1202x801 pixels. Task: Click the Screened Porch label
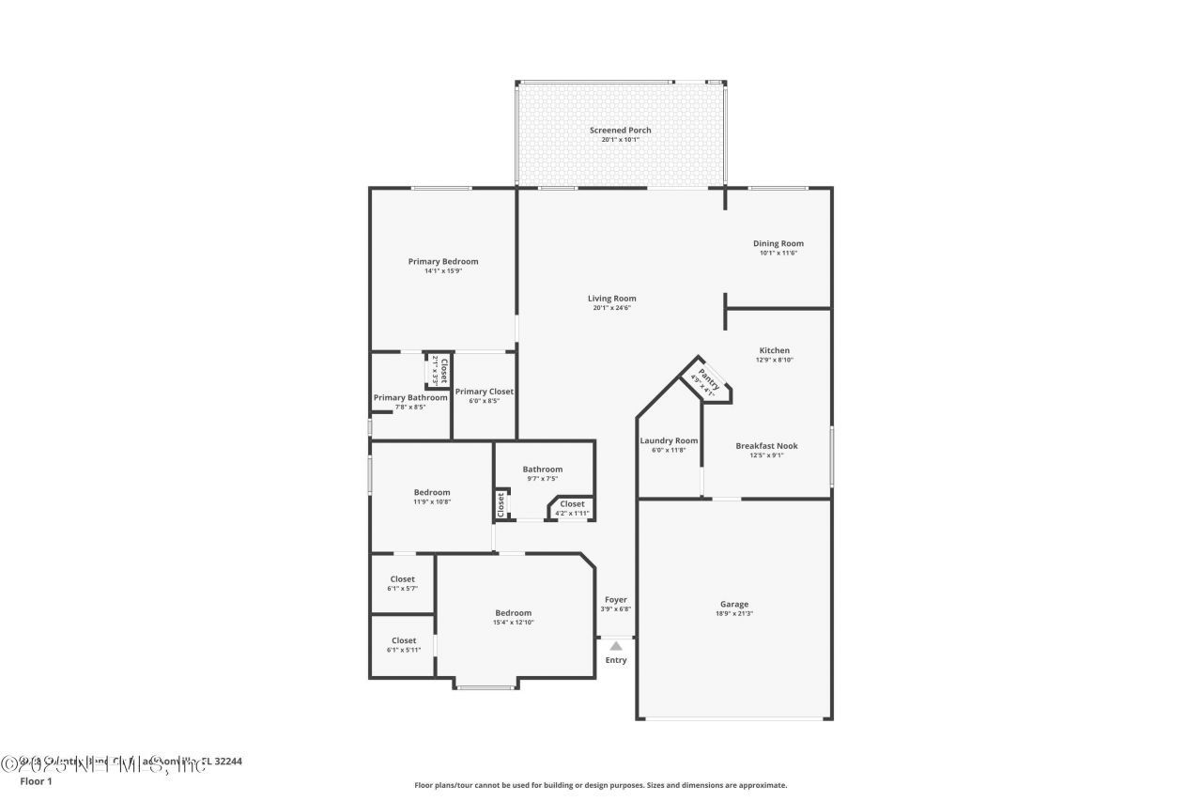point(620,131)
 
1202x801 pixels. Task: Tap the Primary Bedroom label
point(442,261)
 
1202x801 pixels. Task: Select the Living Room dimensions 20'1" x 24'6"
point(611,308)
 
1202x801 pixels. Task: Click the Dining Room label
point(778,243)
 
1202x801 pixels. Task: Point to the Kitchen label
point(774,350)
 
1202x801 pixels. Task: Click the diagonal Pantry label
point(709,380)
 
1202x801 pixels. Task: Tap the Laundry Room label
point(669,440)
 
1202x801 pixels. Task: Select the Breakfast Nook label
point(766,446)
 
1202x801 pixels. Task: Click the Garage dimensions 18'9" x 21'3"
point(733,614)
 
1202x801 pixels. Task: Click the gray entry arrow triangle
point(615,646)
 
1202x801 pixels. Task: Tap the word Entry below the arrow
point(615,660)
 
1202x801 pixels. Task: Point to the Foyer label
point(615,599)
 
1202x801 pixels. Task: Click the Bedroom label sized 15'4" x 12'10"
point(513,612)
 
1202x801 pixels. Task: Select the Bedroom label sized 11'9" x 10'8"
point(432,492)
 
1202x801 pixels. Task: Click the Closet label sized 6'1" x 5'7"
point(403,578)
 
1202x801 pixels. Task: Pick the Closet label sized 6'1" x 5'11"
point(403,640)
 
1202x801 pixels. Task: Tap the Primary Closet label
point(484,392)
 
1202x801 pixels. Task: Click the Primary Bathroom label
point(410,397)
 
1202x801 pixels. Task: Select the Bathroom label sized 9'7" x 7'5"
point(542,469)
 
